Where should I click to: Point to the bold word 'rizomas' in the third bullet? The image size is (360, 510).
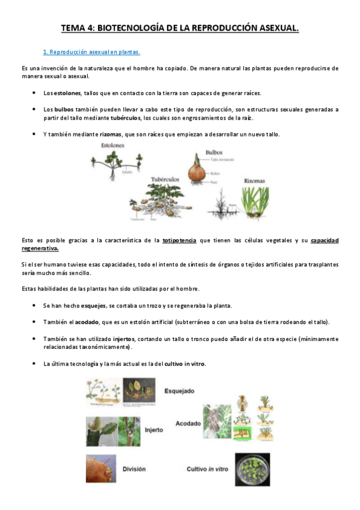pos(111,134)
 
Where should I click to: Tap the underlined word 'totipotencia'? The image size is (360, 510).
pos(179,241)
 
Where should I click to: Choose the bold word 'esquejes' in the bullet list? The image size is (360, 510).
pos(94,306)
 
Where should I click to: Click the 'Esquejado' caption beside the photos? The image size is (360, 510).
pos(179,391)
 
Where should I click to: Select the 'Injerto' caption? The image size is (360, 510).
pos(154,430)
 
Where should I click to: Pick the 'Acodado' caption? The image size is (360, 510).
pos(189,423)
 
